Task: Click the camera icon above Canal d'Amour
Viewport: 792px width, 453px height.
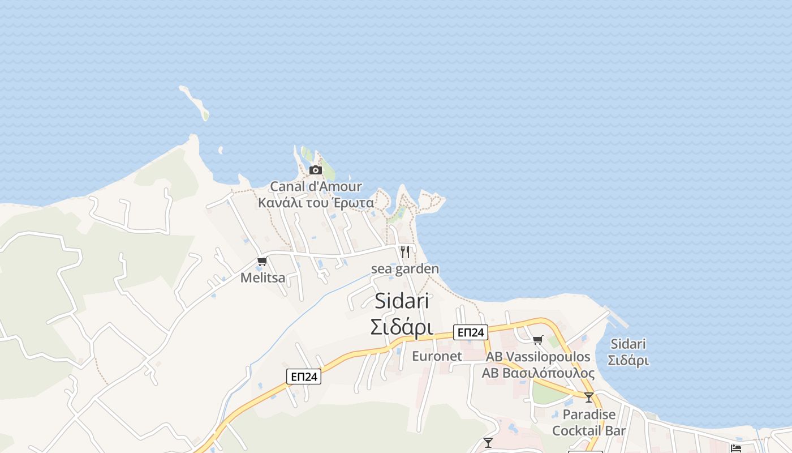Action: coord(316,170)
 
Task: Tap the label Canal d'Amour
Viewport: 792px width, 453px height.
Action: coord(316,186)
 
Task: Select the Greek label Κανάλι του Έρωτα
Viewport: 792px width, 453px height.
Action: coord(316,203)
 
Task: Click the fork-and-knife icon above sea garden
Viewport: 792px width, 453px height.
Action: coord(405,252)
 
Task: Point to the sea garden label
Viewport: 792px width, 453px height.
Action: coord(405,269)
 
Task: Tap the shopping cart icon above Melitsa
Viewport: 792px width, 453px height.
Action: coord(262,262)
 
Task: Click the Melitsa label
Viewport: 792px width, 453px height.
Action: coord(263,277)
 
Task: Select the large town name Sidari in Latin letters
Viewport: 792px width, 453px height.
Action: coord(402,301)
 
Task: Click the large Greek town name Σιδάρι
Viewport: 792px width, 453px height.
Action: coord(402,327)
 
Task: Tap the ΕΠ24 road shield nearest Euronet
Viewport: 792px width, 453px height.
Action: coord(471,332)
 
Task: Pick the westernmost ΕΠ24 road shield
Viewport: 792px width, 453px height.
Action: coord(304,377)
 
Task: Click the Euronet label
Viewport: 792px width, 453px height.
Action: coord(437,356)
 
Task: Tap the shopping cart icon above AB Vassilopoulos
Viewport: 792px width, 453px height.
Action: coord(537,340)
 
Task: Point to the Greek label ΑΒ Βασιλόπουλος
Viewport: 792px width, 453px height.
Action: coord(538,373)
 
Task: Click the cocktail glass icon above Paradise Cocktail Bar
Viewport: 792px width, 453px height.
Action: coord(589,398)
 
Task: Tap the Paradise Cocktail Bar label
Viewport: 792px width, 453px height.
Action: coord(589,422)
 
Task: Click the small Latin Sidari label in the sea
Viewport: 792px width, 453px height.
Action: coord(629,344)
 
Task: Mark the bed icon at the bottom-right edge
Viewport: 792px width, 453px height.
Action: coord(736,448)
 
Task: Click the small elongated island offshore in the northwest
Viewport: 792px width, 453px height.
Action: coord(195,102)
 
